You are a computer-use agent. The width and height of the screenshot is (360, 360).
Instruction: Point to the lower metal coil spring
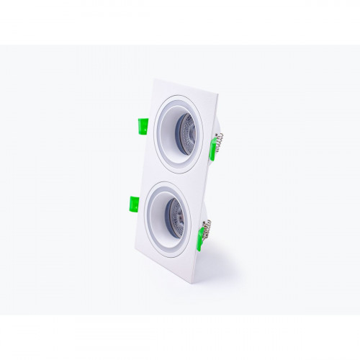[209, 229]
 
